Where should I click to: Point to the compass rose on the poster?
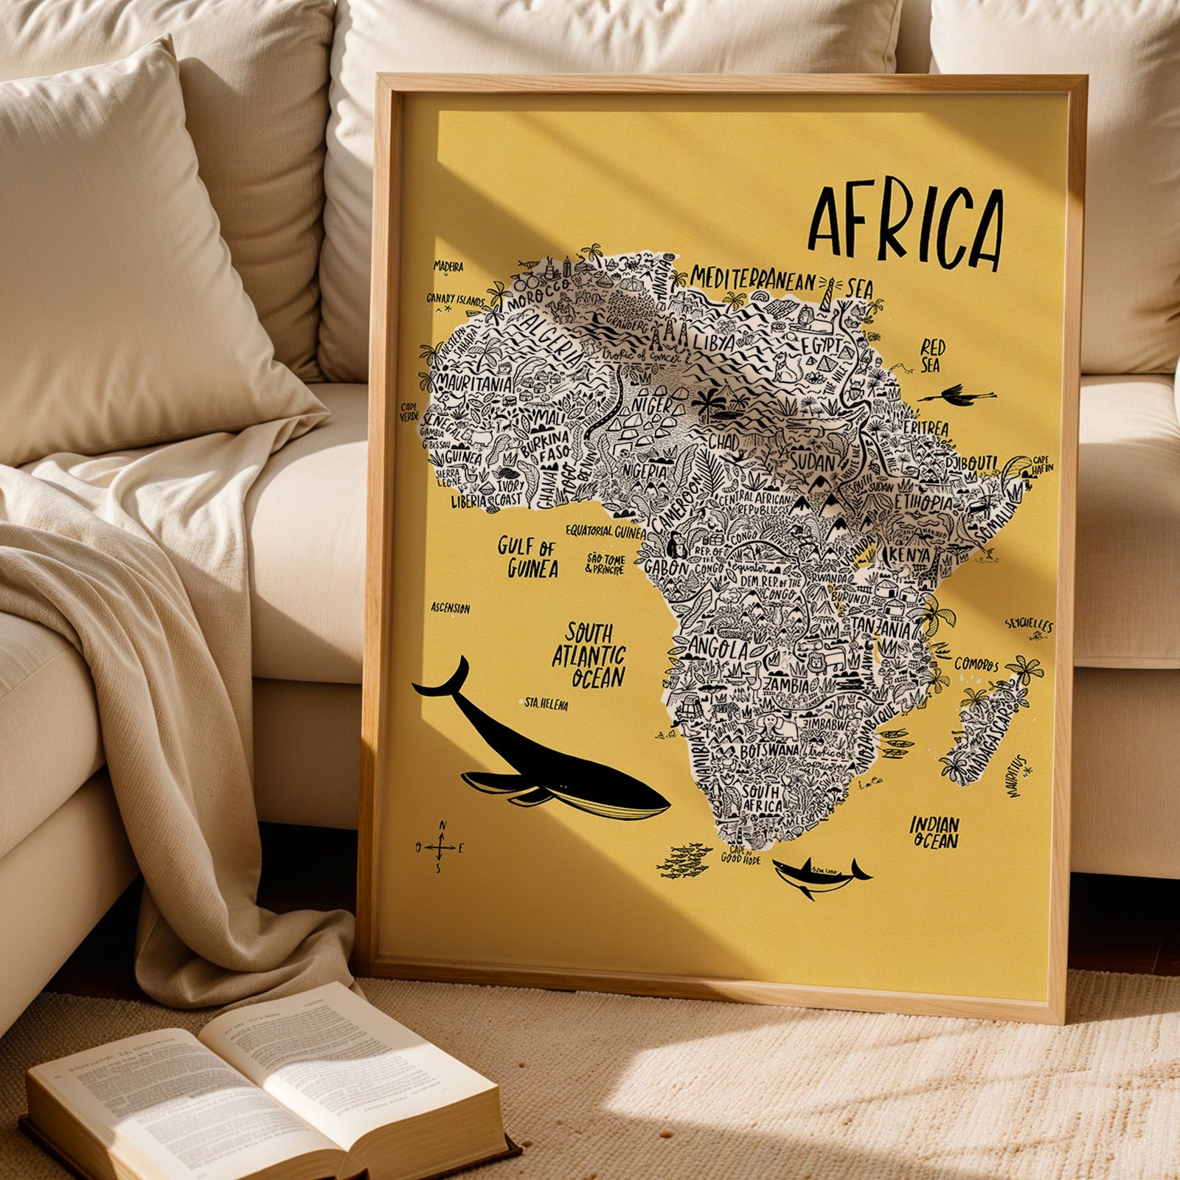[x=441, y=847]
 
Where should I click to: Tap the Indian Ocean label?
[x=934, y=832]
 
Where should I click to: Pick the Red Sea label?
[x=932, y=355]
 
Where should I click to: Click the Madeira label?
[x=448, y=266]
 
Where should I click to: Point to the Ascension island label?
[x=451, y=608]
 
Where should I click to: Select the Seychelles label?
[x=1029, y=625]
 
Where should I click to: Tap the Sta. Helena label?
[x=546, y=704]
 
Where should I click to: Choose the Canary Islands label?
[x=455, y=299]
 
